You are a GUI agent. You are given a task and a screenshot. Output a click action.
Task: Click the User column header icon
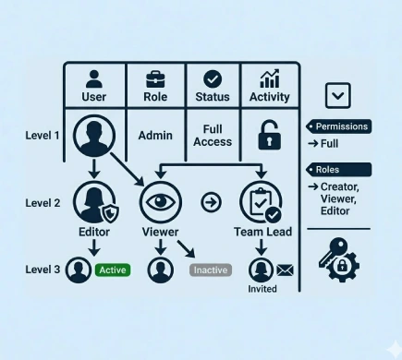[x=94, y=78]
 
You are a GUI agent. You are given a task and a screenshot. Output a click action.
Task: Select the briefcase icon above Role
[x=155, y=78]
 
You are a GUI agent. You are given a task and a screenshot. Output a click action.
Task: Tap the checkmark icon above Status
[x=213, y=78]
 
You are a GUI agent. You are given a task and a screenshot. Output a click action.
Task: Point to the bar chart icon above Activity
[x=270, y=78]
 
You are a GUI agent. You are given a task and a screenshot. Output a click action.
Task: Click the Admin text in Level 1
[x=155, y=136]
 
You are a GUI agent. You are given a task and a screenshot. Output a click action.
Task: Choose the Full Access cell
[x=213, y=136]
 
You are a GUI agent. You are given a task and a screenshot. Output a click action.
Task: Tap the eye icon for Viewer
[x=157, y=201]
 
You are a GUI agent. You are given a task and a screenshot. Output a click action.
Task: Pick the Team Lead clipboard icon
[x=260, y=201]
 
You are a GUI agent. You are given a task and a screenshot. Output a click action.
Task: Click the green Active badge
[x=113, y=270]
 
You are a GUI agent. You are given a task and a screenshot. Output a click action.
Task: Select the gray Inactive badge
[x=210, y=270]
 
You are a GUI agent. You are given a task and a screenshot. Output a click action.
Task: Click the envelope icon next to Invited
[x=285, y=270]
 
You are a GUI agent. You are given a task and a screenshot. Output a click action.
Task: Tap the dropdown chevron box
[x=338, y=95]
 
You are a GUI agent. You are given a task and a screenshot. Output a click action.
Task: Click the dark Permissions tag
[x=338, y=126]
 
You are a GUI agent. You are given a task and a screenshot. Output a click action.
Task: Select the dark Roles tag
[x=338, y=170]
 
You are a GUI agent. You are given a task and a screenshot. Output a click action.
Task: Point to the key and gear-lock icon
[x=338, y=259]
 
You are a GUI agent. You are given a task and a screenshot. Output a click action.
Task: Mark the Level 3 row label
[x=43, y=270]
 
